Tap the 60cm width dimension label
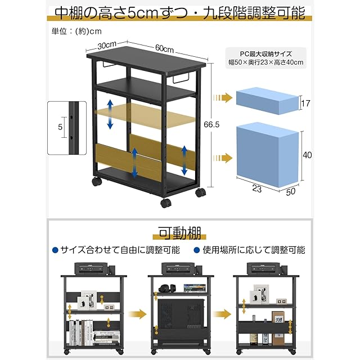point(164,49)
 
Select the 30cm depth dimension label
point(106,45)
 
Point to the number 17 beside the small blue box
point(306,103)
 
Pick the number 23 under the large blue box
point(256,190)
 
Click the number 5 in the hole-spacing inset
point(60,127)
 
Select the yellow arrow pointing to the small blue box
point(223,98)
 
